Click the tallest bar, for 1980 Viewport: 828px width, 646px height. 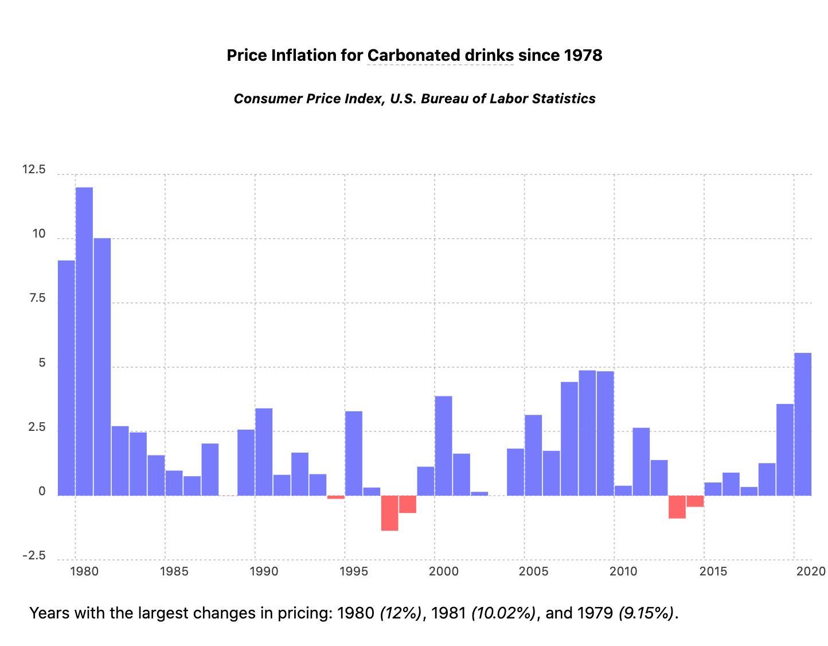coord(84,341)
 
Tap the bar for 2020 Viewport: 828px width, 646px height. coord(803,424)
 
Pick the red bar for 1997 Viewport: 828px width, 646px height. coord(390,513)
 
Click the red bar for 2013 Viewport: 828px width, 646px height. coord(677,507)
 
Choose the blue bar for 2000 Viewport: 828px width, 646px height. coord(443,446)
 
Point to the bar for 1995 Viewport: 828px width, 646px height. coord(354,453)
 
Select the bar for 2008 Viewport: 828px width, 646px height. coord(587,433)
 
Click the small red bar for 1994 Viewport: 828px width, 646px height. coord(336,497)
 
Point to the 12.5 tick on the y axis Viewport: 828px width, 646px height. coord(34,170)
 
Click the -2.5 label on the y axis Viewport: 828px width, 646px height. coord(34,556)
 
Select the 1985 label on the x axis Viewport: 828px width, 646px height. coord(174,571)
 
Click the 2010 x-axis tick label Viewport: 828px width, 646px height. coord(623,571)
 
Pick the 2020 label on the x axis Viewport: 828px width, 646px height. coord(811,571)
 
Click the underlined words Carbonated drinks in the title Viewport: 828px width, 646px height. coord(440,56)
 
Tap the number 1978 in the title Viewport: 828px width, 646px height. coord(583,56)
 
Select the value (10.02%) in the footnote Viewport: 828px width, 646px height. coord(503,613)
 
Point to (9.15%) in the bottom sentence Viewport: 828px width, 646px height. coord(646,613)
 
